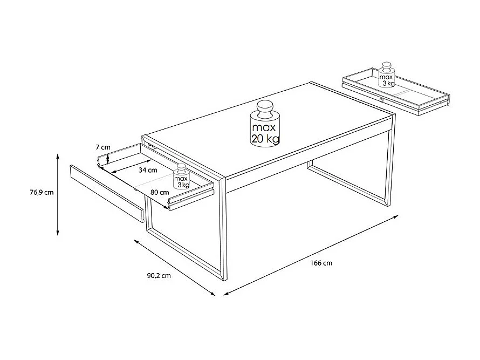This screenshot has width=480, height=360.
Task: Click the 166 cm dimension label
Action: pyautogui.click(x=321, y=263)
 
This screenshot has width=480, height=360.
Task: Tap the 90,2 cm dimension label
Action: pyautogui.click(x=159, y=275)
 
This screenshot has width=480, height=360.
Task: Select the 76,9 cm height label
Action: pyautogui.click(x=42, y=192)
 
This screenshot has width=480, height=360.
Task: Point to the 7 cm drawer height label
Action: pyautogui.click(x=103, y=147)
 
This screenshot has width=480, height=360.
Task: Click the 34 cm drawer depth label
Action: pyautogui.click(x=148, y=170)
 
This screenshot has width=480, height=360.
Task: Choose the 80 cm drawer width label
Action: pyautogui.click(x=160, y=192)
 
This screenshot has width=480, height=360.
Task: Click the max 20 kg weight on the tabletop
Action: pyautogui.click(x=264, y=124)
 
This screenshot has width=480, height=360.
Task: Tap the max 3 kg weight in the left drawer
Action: pyautogui.click(x=182, y=177)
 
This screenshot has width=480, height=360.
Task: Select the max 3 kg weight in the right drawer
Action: pyautogui.click(x=387, y=75)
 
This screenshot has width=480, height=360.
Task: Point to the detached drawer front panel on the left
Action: pyautogui.click(x=107, y=194)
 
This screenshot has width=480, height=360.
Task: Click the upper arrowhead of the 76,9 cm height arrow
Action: pyautogui.click(x=58, y=157)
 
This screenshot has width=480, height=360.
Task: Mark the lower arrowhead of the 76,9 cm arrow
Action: pyautogui.click(x=58, y=233)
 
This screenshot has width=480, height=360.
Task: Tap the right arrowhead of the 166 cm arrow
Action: pyautogui.click(x=395, y=217)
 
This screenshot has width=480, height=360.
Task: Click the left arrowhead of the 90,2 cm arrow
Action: pyautogui.click(x=137, y=241)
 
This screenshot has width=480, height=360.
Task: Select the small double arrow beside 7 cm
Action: pyautogui.click(x=108, y=159)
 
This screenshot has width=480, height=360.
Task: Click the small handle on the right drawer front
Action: pyautogui.click(x=381, y=99)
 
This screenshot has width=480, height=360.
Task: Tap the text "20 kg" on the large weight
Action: pyautogui.click(x=265, y=139)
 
